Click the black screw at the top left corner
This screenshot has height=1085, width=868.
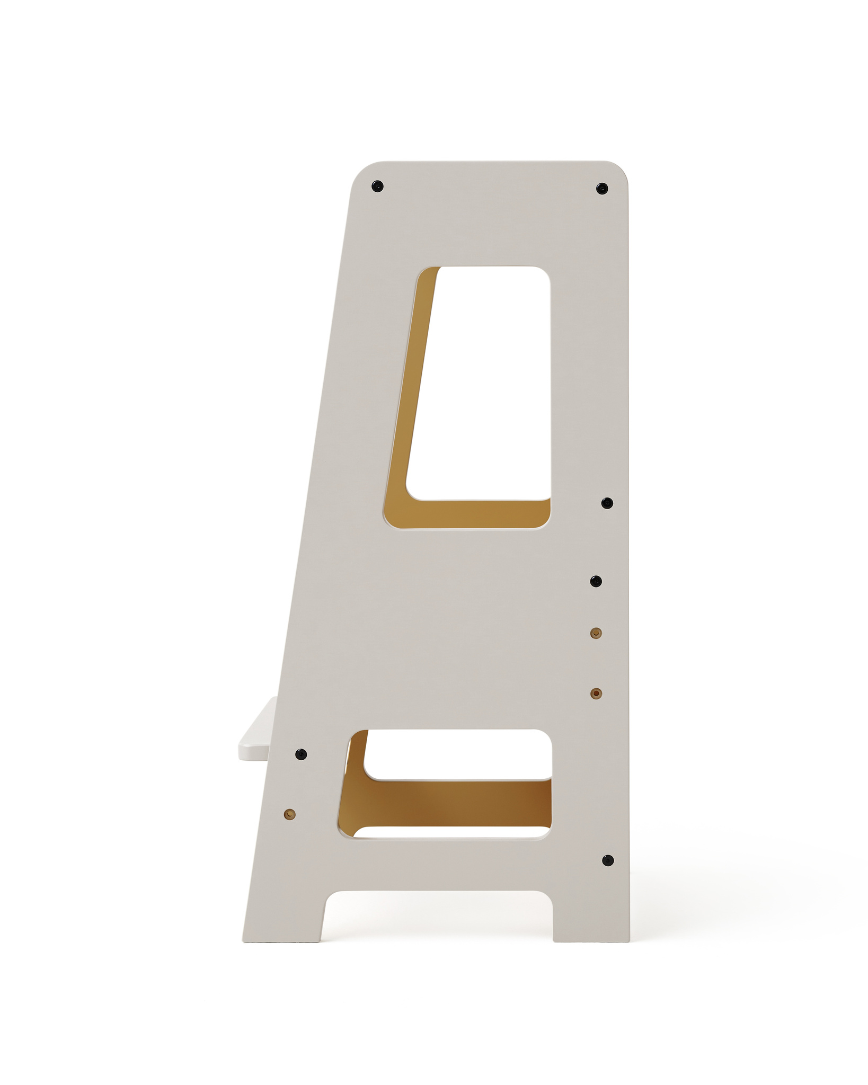tap(377, 186)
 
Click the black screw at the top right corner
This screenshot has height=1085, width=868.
tap(601, 188)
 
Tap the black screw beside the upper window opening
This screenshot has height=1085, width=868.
tap(607, 503)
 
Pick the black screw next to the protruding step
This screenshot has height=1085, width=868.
tap(301, 753)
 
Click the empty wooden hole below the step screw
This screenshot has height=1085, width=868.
tap(289, 814)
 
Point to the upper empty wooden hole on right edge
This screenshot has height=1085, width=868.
tap(596, 633)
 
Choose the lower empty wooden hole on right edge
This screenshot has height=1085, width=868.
tap(596, 693)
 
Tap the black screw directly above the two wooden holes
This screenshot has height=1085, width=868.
tap(597, 581)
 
